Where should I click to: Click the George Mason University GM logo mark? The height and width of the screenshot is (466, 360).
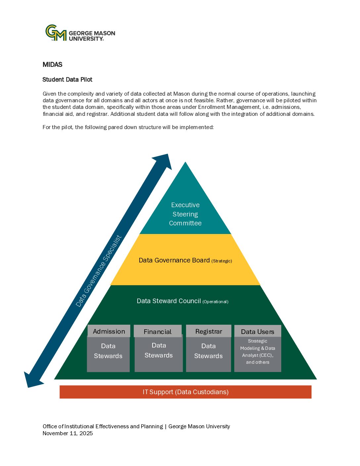[56, 33]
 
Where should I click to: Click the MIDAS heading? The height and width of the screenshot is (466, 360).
[52, 65]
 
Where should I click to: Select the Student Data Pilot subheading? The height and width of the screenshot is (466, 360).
[67, 79]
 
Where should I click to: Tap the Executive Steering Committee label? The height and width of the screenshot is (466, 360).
[185, 214]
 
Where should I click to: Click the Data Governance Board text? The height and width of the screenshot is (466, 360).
[174, 260]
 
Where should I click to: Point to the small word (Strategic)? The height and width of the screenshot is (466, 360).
[222, 261]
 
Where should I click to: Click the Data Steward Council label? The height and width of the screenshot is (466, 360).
[169, 301]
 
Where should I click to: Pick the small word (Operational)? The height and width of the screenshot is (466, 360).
[215, 302]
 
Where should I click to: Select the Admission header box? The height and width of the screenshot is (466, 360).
[109, 331]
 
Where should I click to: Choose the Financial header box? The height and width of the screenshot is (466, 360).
[157, 331]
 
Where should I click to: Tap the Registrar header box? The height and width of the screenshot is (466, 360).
[208, 331]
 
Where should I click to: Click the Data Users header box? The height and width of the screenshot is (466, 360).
[257, 331]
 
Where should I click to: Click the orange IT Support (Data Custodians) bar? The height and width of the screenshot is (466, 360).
[185, 392]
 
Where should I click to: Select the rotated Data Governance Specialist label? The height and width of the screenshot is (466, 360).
[99, 271]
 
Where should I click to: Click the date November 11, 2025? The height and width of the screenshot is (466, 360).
[67, 433]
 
